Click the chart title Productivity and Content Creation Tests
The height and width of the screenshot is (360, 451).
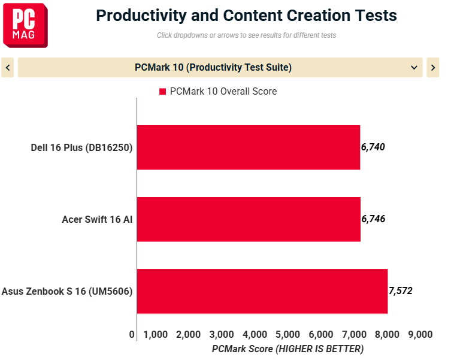coord(246,15)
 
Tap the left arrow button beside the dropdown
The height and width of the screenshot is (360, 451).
coord(8,68)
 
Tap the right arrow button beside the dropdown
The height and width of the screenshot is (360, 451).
coord(432,68)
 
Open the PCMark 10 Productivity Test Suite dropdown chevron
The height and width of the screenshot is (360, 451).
coord(414,68)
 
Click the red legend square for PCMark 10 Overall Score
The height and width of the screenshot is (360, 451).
coord(162,92)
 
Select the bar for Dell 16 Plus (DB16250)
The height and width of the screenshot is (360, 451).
coord(248,147)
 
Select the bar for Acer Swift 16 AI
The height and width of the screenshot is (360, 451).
coord(248,219)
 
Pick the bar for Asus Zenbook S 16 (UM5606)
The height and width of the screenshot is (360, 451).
coord(262,291)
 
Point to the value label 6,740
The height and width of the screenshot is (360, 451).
coord(373,147)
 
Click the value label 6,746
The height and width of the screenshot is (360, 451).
coord(373,219)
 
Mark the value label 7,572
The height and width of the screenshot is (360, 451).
coord(400,291)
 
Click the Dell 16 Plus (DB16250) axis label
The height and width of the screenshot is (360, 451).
coord(81,147)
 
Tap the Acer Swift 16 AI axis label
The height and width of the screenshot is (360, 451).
coord(97,219)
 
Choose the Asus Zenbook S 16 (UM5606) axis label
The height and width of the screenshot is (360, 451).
coord(67,291)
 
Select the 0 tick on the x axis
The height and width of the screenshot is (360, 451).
coord(132,334)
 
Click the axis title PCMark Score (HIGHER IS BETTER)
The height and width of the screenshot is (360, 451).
coord(287,348)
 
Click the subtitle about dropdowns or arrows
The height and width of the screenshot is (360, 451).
coord(246,35)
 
